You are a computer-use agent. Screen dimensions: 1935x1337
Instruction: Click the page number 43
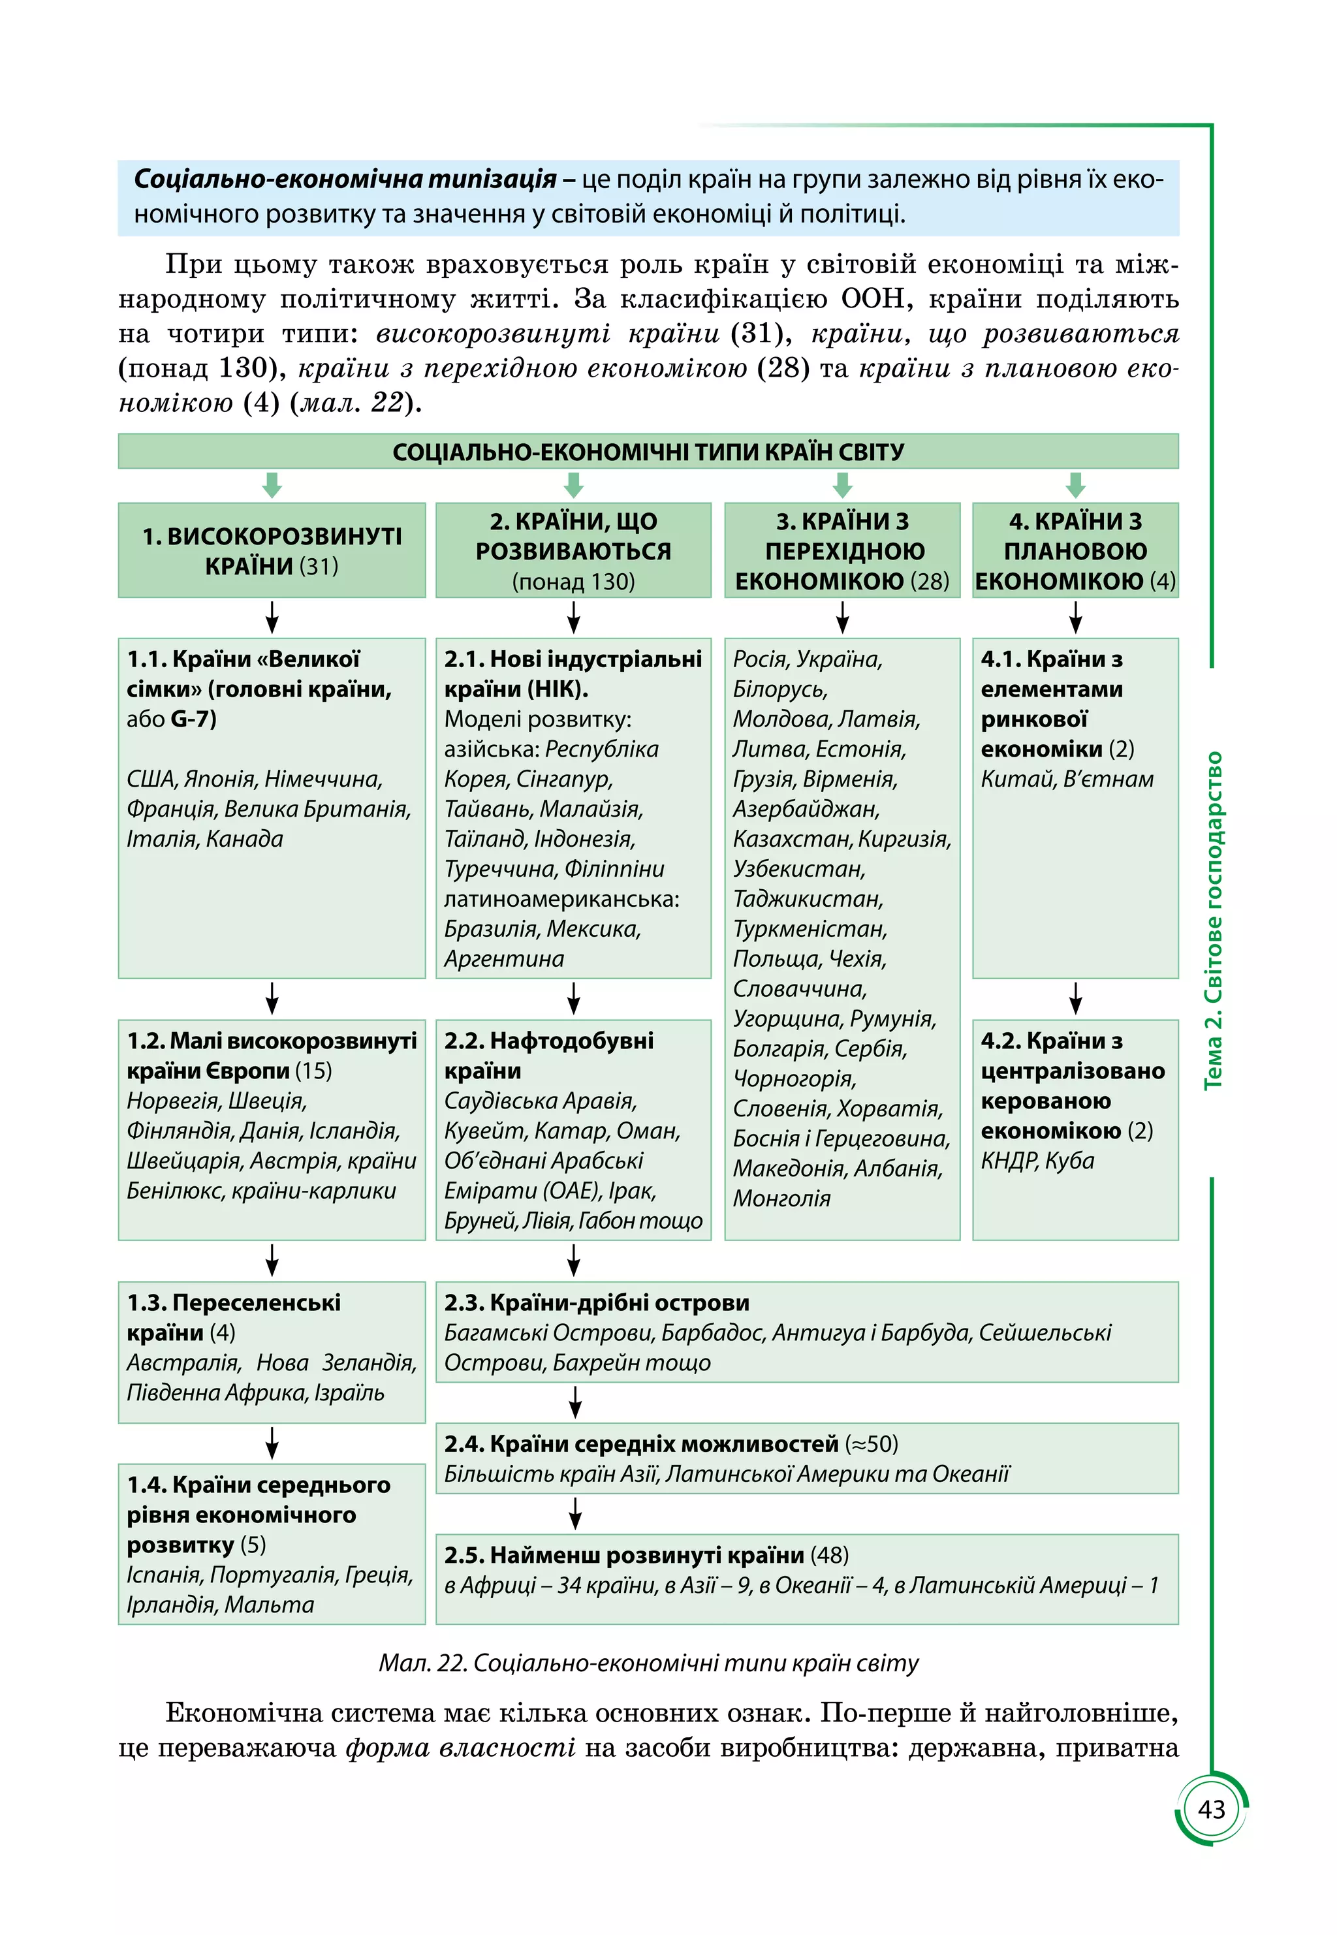coord(1212,1810)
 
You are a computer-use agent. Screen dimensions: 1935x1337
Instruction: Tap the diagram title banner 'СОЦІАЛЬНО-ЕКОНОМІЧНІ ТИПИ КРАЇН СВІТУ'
coord(648,452)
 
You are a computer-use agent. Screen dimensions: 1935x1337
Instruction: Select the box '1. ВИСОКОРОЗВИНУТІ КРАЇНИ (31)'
coord(272,550)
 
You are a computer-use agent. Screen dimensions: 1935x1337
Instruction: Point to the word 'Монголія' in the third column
coord(781,1199)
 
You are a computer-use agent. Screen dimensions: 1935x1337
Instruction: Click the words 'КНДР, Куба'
coord(1037,1161)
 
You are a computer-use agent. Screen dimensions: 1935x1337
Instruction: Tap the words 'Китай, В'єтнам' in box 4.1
coord(1067,779)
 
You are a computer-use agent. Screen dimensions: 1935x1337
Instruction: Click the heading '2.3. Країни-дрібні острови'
coord(597,1302)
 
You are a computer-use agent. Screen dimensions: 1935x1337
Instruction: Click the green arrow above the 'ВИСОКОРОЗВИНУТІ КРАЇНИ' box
coord(272,484)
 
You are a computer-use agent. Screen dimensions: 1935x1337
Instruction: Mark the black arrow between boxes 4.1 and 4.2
coord(1076,998)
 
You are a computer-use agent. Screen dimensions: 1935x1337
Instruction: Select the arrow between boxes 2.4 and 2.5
coord(574,1514)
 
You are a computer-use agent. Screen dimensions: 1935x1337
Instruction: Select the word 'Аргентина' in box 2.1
coord(503,959)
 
